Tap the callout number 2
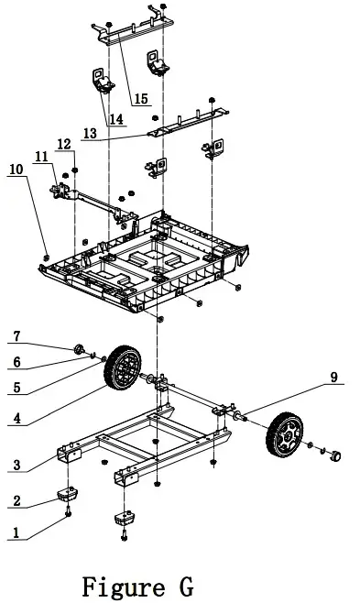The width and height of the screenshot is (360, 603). [x=16, y=501]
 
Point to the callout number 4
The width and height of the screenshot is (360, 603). [x=16, y=421]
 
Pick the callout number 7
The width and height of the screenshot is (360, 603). [x=16, y=337]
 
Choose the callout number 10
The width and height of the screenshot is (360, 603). [x=16, y=170]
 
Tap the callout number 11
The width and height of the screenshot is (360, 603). [x=43, y=157]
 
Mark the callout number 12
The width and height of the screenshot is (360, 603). [x=63, y=143]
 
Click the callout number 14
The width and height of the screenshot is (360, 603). [x=116, y=118]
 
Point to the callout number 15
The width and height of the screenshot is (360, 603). [x=142, y=98]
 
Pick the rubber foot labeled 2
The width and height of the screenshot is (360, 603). [x=66, y=496]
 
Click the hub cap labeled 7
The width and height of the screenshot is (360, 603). [x=80, y=347]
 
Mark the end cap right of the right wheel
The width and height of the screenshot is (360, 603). [x=334, y=454]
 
